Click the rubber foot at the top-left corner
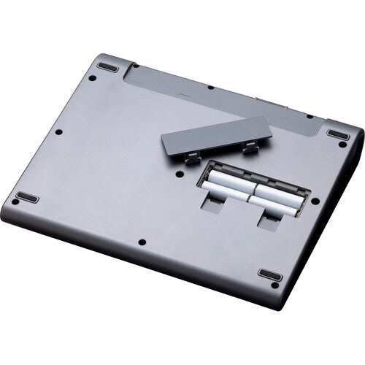tap(107, 67)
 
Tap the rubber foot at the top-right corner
tap(337, 135)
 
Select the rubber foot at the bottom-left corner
tap(27, 198)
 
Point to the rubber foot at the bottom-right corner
tap(269, 274)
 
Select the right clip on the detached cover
tap(250, 148)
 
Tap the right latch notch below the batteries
tap(267, 220)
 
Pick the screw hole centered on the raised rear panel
tap(210, 88)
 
